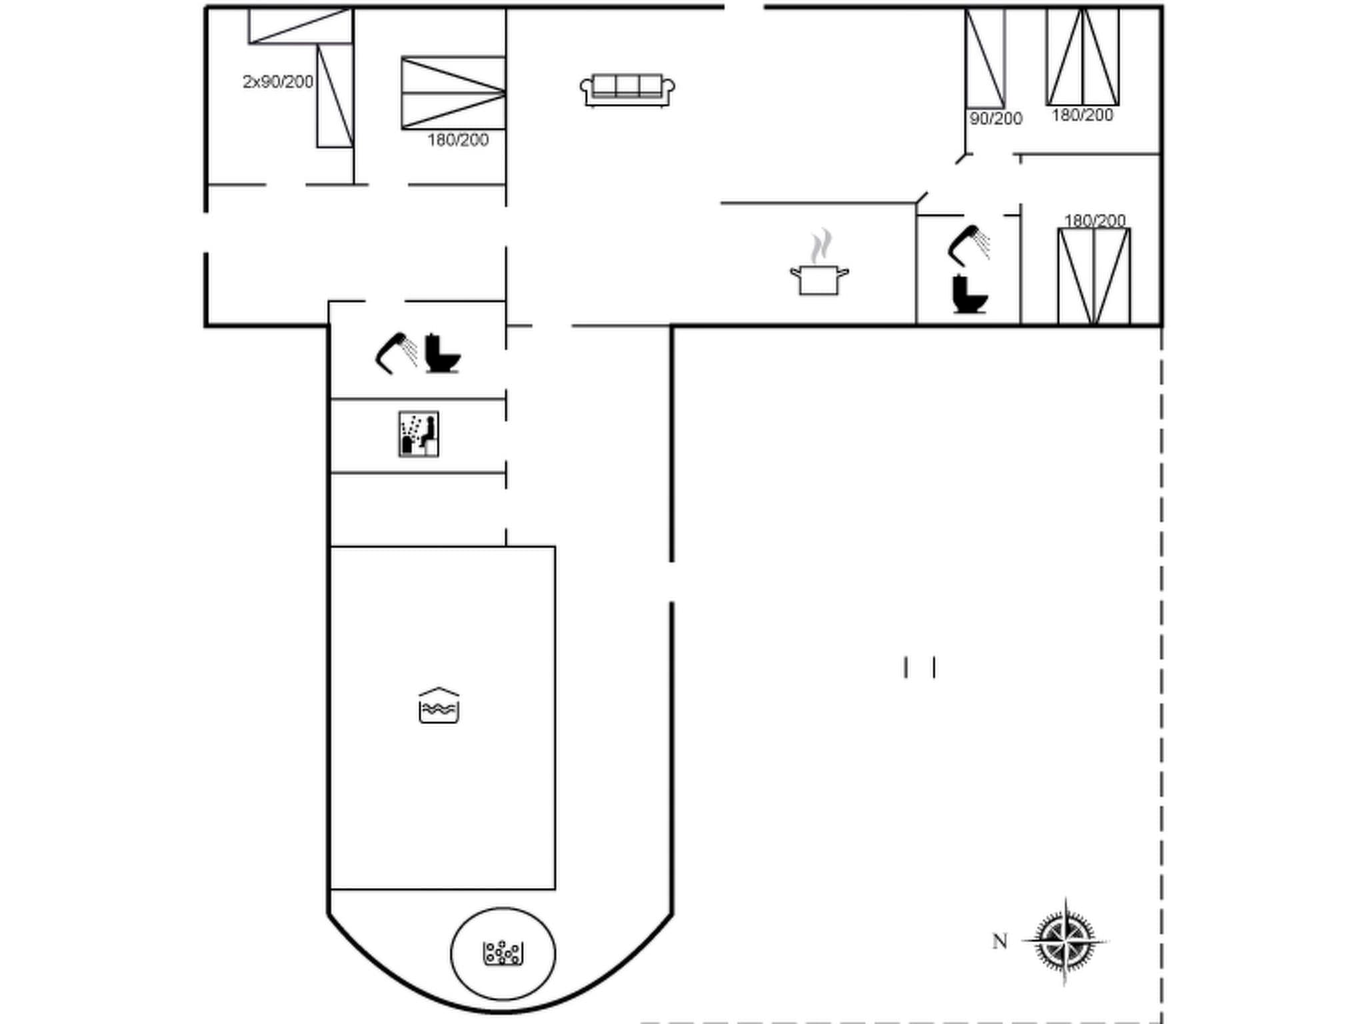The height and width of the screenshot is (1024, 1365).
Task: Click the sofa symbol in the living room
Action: click(627, 90)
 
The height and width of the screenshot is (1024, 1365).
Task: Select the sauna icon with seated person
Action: click(419, 434)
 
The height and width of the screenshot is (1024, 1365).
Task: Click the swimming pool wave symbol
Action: click(439, 706)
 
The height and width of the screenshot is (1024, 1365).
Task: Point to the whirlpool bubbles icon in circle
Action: click(503, 953)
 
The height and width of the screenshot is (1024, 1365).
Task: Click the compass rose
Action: click(1064, 941)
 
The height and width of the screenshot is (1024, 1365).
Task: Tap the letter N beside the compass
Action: click(1000, 941)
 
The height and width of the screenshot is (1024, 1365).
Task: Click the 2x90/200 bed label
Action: click(278, 82)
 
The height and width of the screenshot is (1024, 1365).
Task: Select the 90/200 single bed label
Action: click(996, 119)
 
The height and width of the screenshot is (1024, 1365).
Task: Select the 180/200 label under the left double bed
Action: click(458, 140)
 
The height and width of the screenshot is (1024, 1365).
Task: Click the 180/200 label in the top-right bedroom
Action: click(1082, 115)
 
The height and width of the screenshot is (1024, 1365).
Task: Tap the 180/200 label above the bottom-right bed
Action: click(1094, 220)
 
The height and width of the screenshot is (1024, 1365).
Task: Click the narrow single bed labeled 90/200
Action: click(985, 58)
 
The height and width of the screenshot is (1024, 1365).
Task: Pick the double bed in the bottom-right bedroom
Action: click(1094, 277)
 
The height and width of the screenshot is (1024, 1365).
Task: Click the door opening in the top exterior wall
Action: click(744, 7)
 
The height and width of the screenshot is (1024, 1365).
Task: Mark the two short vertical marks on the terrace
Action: click(920, 667)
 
